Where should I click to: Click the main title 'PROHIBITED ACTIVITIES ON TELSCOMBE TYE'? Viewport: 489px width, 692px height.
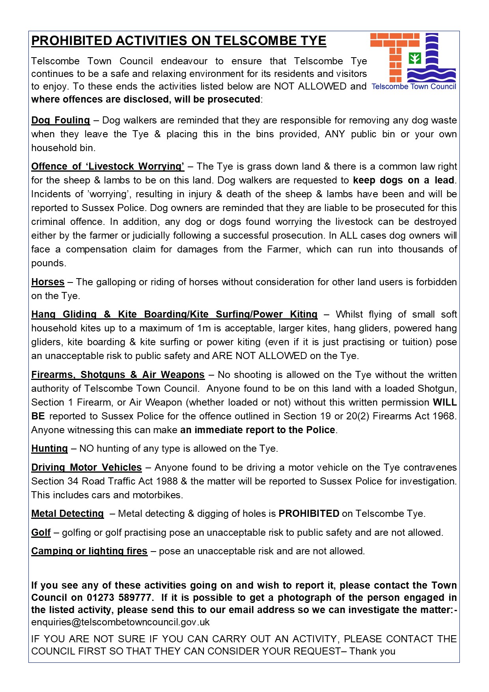click(x=179, y=41)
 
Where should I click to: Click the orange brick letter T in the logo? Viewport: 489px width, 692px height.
click(x=395, y=56)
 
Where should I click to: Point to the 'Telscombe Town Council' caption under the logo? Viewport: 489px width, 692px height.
click(x=414, y=86)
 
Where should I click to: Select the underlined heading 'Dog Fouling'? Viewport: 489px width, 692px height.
click(x=61, y=120)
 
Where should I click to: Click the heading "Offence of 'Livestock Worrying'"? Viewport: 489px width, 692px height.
click(x=108, y=166)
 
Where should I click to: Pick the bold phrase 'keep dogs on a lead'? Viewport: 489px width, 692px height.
click(x=403, y=180)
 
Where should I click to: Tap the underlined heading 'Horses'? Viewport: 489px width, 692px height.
click(x=48, y=282)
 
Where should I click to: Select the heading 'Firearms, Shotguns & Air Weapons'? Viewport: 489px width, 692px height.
click(x=118, y=375)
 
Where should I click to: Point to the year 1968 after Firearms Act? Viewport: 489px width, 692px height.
click(x=444, y=416)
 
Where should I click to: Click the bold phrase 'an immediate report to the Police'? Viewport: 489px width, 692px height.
click(x=258, y=430)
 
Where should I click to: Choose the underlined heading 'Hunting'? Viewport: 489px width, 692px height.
click(x=50, y=449)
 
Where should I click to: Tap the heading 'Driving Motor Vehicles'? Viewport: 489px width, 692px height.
click(x=86, y=468)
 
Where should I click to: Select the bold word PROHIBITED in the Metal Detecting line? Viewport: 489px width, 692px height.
click(x=309, y=514)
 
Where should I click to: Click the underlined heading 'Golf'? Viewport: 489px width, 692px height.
click(x=41, y=533)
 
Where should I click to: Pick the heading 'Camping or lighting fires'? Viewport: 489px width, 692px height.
click(x=89, y=551)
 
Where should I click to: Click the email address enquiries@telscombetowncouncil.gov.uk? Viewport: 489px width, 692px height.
click(x=120, y=622)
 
